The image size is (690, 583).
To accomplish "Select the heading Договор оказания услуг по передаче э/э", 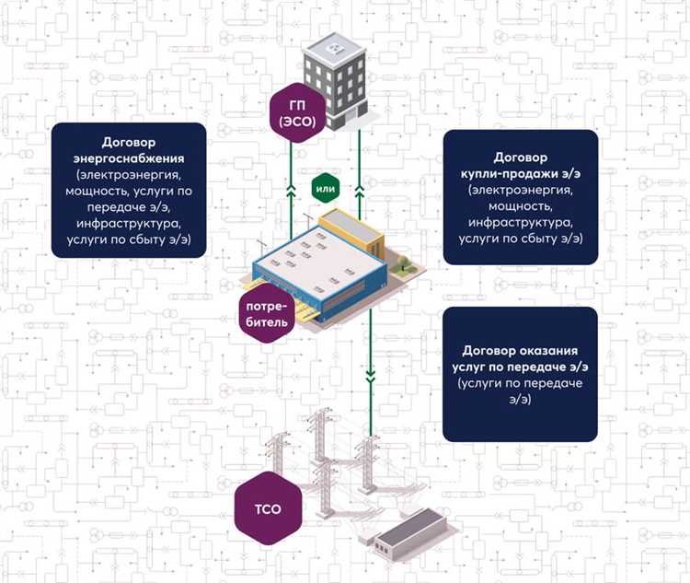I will pos(520,359).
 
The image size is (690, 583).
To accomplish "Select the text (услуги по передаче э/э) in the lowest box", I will pos(520,391).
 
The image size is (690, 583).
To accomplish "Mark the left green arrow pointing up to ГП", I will pos(293,191).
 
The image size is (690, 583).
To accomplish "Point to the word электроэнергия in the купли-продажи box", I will pos(520,191).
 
